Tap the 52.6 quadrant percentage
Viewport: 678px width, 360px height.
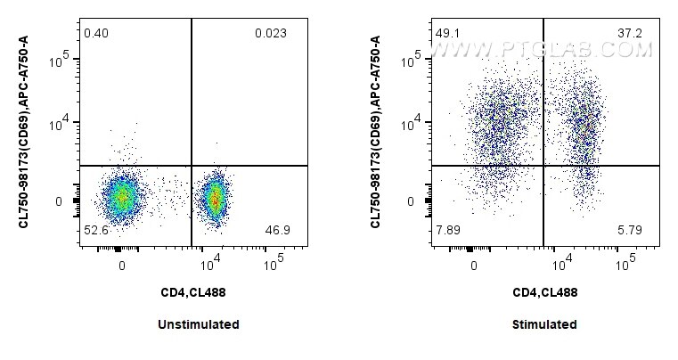(94, 230)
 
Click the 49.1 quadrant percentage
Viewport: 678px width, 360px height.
(446, 34)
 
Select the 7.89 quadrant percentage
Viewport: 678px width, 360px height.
(447, 230)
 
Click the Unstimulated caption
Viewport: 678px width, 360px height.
(198, 324)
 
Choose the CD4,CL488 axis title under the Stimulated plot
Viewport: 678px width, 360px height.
(545, 292)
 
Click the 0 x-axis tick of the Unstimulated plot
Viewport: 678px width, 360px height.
(121, 265)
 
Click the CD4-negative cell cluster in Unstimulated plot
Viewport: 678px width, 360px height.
(121, 197)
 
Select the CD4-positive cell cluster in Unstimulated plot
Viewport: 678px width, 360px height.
(215, 198)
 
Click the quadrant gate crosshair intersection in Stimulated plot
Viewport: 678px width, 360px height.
(543, 166)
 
